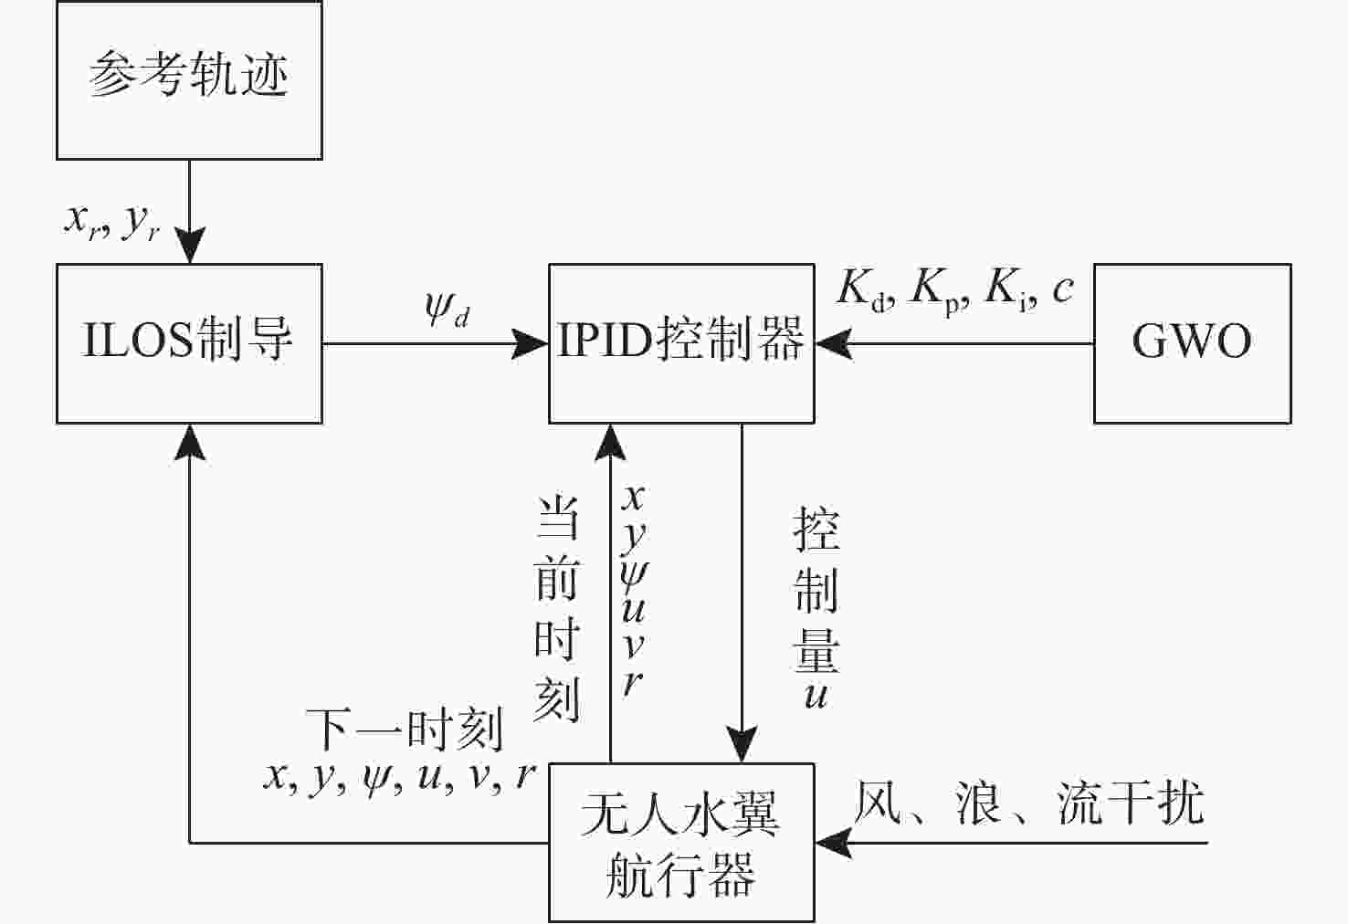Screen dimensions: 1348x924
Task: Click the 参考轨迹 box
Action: tap(190, 79)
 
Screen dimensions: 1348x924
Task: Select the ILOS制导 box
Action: tap(190, 343)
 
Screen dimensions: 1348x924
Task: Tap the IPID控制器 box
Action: tap(682, 343)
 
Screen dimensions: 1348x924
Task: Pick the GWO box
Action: tap(1193, 343)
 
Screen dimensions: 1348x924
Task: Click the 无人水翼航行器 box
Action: tap(682, 843)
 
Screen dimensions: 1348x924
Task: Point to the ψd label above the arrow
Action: tap(448, 308)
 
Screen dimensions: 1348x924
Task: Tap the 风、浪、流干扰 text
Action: tap(1029, 803)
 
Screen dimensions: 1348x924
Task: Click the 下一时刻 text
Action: tap(405, 730)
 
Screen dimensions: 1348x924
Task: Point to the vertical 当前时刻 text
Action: tap(557, 609)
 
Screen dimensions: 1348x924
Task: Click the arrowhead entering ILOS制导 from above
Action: tap(190, 246)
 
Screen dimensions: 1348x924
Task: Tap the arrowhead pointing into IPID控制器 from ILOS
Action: tap(531, 344)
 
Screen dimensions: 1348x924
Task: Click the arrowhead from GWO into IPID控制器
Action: tap(834, 344)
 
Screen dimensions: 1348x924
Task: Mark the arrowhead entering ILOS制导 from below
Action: tap(190, 442)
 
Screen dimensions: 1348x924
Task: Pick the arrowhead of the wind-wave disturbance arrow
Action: tap(834, 843)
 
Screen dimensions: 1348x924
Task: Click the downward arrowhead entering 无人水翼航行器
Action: tap(742, 745)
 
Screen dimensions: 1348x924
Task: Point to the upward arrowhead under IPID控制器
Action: tap(611, 442)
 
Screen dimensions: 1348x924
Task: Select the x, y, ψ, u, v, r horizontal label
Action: tap(399, 778)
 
